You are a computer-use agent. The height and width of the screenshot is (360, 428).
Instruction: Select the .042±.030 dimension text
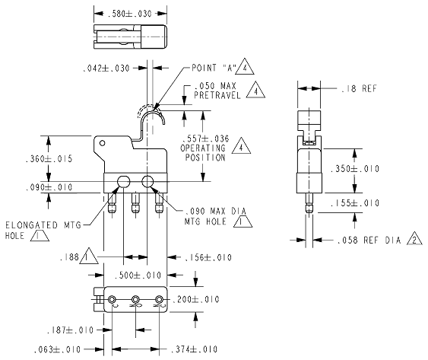coord(106,68)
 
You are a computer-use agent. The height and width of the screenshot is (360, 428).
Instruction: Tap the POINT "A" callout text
coord(214,68)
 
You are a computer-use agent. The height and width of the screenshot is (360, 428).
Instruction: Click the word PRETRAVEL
coord(217,95)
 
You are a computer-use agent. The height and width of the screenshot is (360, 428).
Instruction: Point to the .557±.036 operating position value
coord(205,139)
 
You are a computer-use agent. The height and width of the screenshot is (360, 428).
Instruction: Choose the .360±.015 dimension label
coord(49,158)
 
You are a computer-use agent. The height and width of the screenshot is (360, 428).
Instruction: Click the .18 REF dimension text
coord(359,88)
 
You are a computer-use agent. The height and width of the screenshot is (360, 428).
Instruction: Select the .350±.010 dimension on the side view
coord(355,169)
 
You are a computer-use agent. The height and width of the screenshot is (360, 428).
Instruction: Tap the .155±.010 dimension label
coord(355,203)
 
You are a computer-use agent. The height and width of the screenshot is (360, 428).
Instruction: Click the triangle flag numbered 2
coord(414,239)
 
